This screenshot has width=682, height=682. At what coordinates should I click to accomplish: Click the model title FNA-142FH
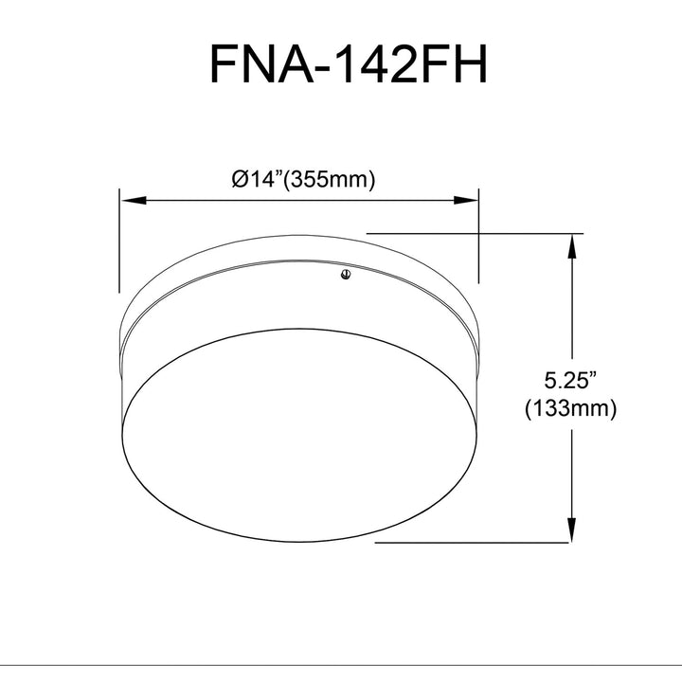click(x=348, y=64)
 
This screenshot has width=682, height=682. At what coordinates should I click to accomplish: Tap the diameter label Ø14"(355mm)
click(x=303, y=179)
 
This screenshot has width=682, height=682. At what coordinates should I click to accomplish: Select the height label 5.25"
click(x=570, y=381)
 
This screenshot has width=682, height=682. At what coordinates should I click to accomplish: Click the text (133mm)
click(x=570, y=408)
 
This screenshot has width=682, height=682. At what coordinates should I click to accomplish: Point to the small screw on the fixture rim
click(x=347, y=275)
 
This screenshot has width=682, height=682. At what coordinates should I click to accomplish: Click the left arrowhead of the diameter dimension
click(x=134, y=201)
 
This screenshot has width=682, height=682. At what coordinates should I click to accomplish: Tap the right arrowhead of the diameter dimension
click(x=465, y=201)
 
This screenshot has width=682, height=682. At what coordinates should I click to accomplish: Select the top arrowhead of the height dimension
click(x=571, y=246)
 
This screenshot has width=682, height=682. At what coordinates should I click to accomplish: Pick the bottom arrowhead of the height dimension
click(x=571, y=529)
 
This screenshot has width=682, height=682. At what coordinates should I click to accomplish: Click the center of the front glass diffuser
click(x=300, y=435)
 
